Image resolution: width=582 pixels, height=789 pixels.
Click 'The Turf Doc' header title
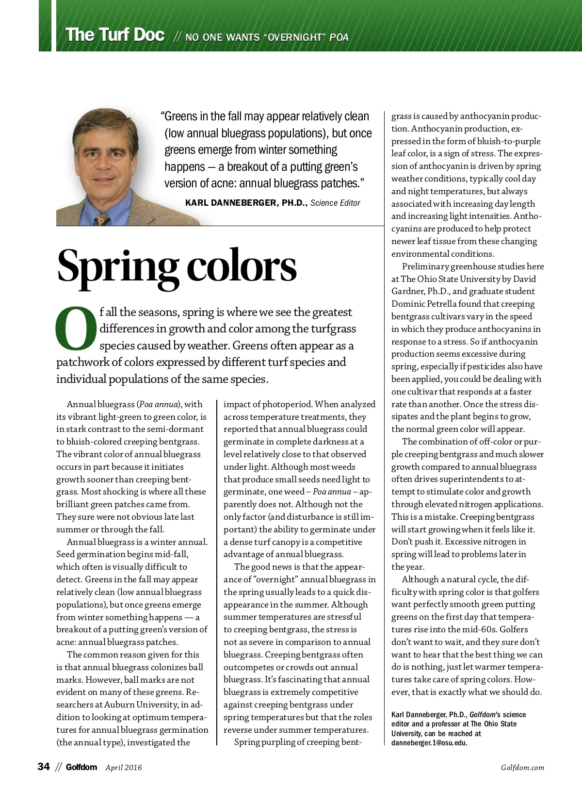click(x=115, y=35)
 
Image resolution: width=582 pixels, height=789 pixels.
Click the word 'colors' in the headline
click(x=241, y=266)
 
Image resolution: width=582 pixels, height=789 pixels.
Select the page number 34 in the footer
click(x=44, y=767)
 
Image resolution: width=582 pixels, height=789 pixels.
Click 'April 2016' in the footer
click(x=124, y=767)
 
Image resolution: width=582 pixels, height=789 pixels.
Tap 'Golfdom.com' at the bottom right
click(x=522, y=767)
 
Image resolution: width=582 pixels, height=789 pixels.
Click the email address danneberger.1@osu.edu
click(x=429, y=743)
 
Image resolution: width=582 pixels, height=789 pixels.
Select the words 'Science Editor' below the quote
click(x=335, y=203)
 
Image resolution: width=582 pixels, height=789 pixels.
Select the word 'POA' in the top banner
click(x=339, y=37)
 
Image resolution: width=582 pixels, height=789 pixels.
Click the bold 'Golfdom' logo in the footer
click(x=81, y=767)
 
